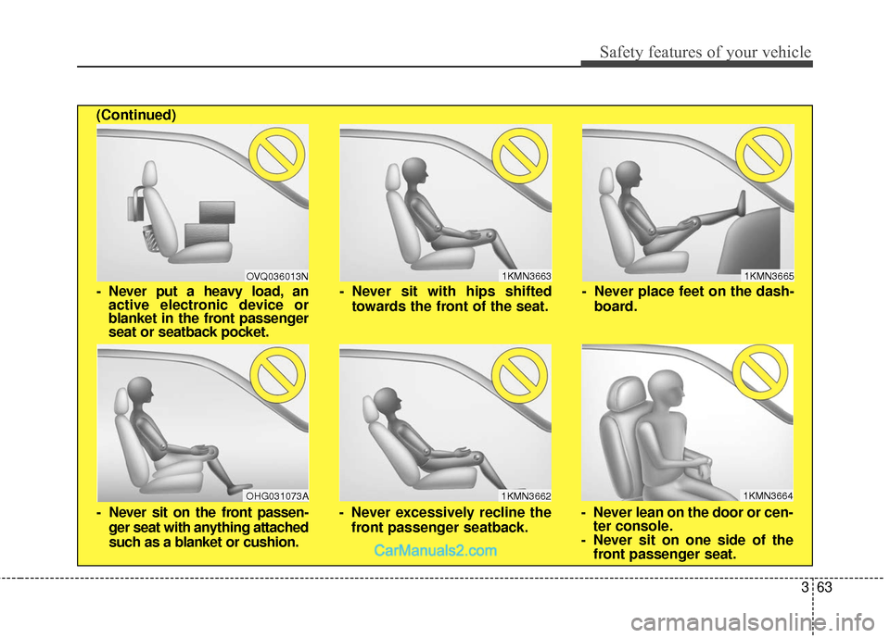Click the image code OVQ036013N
(x=277, y=276)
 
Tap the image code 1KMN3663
(x=527, y=276)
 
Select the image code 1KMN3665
(x=769, y=276)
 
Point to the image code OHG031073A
(x=277, y=496)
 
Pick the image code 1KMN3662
(x=526, y=496)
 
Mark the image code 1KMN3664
(x=768, y=496)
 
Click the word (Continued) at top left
(x=136, y=115)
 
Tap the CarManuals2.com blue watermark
(x=436, y=551)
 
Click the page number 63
(x=824, y=587)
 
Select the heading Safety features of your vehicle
(x=706, y=52)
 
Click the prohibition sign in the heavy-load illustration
(x=277, y=155)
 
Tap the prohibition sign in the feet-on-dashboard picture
(x=763, y=155)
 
